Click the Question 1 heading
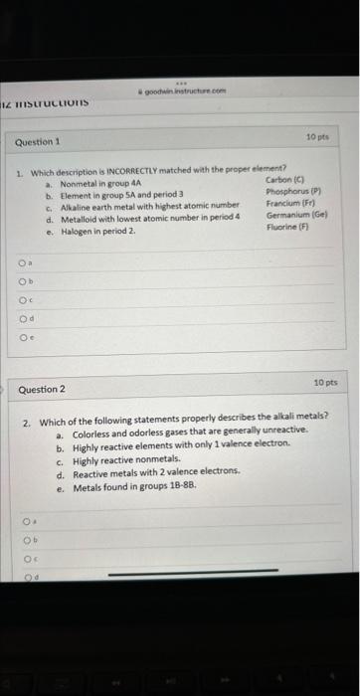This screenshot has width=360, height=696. [38, 142]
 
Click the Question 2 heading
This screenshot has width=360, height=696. [42, 389]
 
